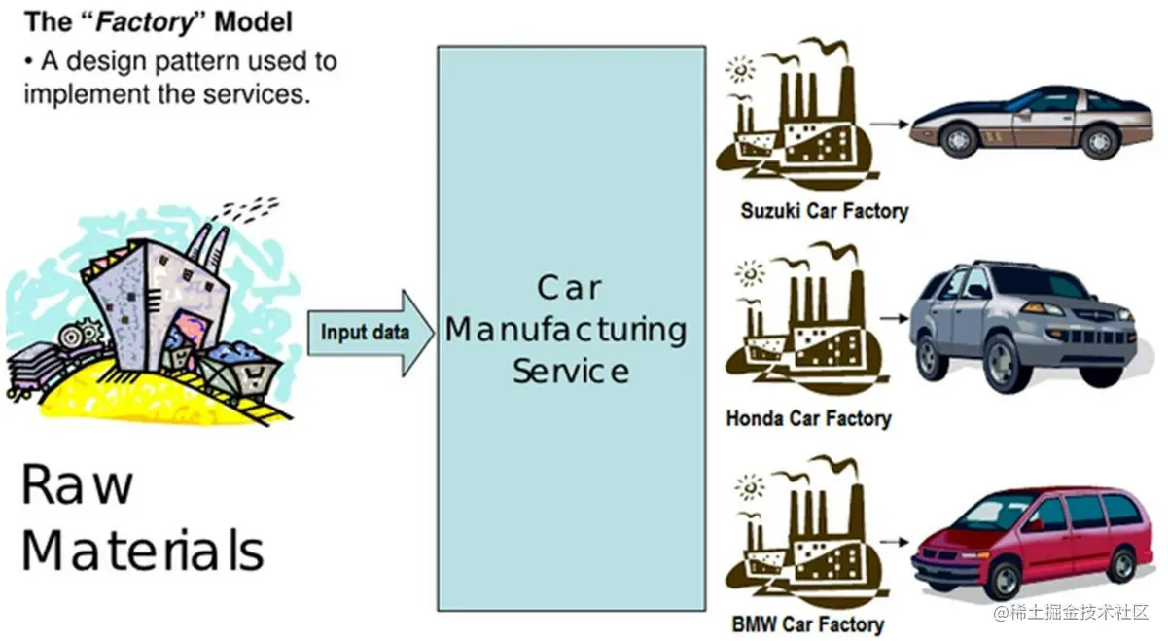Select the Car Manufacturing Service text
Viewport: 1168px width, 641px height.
[571, 329]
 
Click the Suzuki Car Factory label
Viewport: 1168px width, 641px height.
[824, 210]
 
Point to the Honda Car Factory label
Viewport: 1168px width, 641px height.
[808, 419]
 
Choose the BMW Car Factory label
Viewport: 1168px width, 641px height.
[807, 623]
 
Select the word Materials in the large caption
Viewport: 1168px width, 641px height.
[142, 550]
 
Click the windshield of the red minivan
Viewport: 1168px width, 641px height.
[992, 513]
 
